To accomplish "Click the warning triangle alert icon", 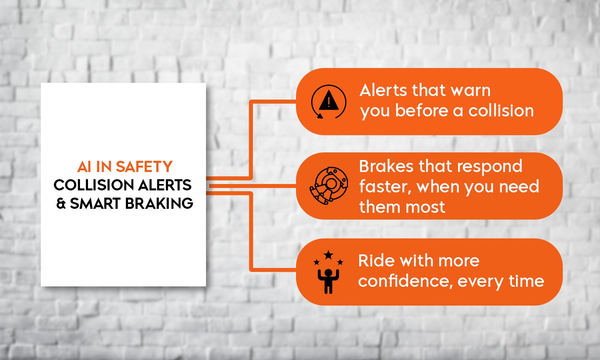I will tap(329, 102).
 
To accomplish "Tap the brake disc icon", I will tap(329, 186).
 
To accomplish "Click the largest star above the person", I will tap(328, 255).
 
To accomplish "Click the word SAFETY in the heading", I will tap(144, 166).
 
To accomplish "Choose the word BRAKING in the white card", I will tap(159, 204).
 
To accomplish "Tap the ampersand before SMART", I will tap(61, 204).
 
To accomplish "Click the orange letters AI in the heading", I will tap(84, 166).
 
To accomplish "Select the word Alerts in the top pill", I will tap(383, 90).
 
